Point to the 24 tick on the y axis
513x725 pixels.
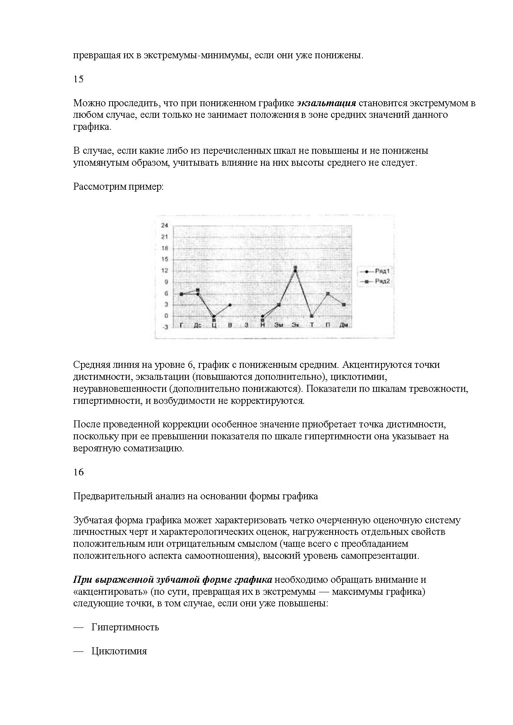(165, 225)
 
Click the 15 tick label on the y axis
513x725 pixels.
(165, 260)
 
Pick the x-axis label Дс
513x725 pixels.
(197, 325)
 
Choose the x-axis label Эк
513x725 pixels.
(295, 325)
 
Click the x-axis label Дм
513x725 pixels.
(344, 325)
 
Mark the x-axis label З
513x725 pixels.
(246, 325)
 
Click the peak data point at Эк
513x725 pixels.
(295, 268)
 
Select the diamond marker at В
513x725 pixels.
(230, 305)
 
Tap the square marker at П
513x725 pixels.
(328, 293)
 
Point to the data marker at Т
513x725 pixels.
(312, 316)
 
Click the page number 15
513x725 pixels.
(78, 79)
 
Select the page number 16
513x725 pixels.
(78, 472)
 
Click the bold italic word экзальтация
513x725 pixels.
(327, 103)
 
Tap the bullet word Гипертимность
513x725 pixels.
(125, 627)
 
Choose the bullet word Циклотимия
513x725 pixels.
(119, 651)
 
